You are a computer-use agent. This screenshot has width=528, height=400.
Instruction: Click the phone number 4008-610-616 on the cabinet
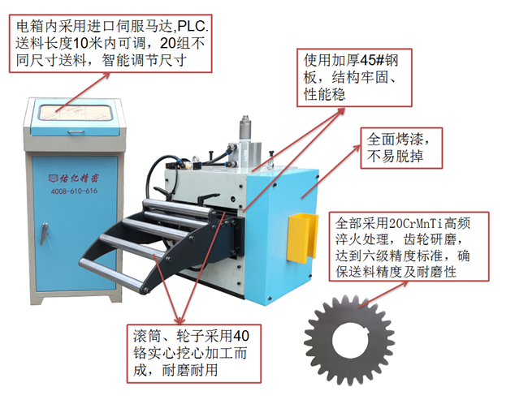click(73, 191)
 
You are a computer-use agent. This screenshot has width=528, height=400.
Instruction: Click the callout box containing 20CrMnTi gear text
click(413, 247)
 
